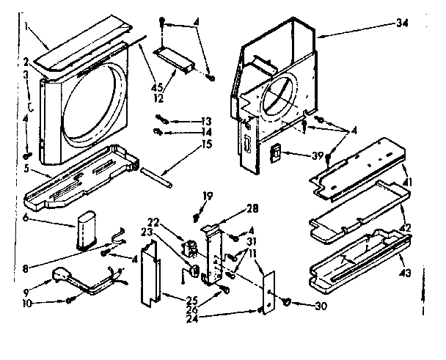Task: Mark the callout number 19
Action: click(x=208, y=196)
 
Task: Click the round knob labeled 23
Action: click(x=195, y=270)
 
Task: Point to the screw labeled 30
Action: click(x=285, y=301)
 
